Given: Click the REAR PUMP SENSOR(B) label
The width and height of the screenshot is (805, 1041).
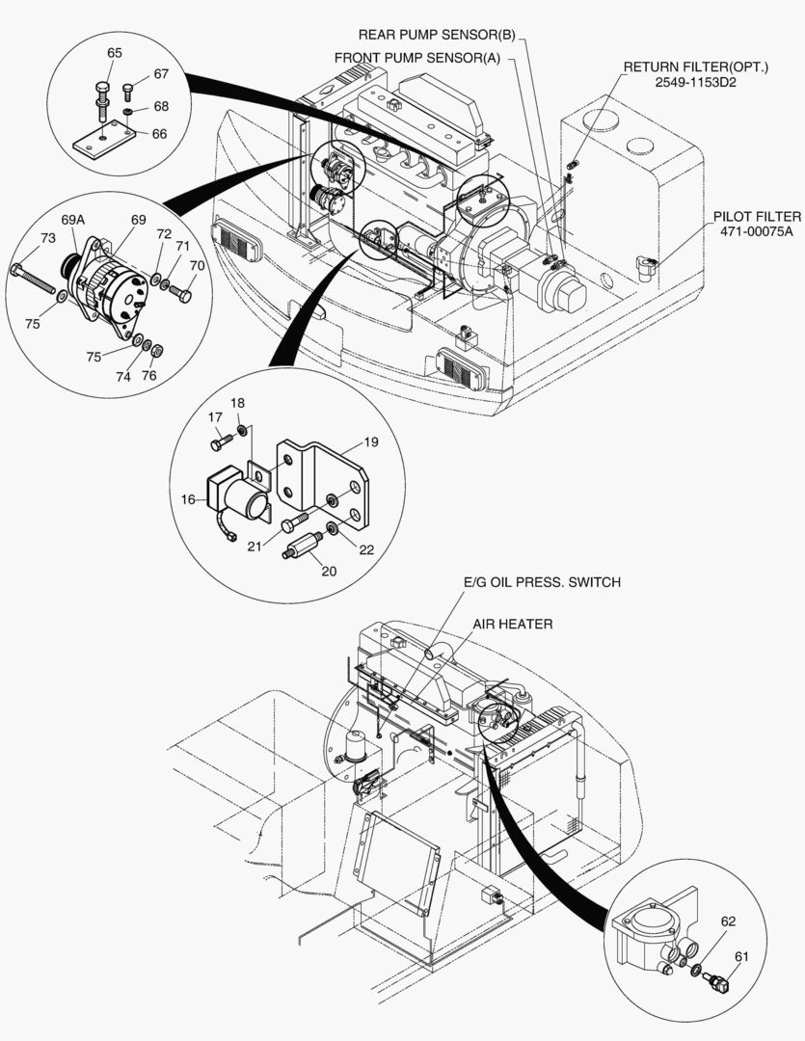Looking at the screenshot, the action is click(437, 35).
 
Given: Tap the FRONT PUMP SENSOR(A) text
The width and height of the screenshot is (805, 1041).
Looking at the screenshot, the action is click(417, 58).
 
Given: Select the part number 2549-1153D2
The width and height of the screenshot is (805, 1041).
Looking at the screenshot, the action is click(695, 82).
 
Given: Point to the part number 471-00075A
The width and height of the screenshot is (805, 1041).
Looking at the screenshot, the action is click(757, 231).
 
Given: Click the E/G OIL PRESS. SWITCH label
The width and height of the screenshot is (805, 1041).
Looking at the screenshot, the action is click(542, 582).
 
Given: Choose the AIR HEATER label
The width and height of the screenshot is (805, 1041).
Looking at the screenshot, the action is click(513, 624).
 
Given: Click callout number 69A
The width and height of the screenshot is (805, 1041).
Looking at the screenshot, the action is click(73, 219).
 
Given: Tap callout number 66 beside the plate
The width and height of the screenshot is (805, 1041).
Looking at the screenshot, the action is click(159, 133).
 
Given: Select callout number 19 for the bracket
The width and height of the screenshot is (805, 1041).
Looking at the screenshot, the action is click(371, 441).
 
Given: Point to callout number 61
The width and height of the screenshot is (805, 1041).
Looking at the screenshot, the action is click(741, 957).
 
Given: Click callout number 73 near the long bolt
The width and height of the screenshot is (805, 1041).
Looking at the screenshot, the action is click(48, 238).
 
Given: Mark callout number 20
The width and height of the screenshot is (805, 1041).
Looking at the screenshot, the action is click(329, 571).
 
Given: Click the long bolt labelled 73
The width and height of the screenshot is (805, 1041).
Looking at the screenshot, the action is click(33, 279).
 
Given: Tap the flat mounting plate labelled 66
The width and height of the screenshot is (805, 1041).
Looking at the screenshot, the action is click(103, 140).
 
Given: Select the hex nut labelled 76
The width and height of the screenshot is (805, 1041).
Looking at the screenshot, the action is click(157, 351).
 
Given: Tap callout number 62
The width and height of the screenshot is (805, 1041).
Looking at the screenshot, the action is click(728, 921).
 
